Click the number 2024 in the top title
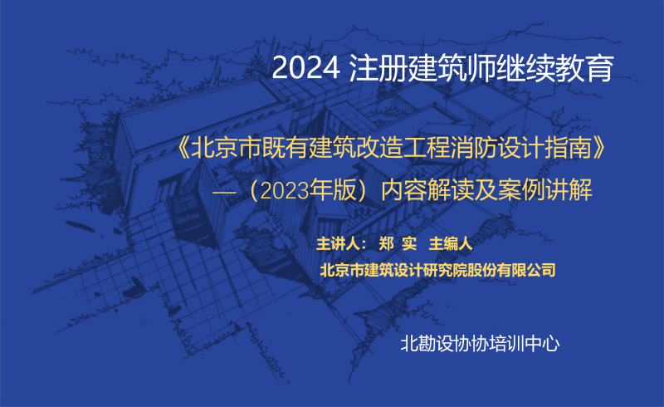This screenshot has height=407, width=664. (x=305, y=68)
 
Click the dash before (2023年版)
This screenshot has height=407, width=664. (x=224, y=192)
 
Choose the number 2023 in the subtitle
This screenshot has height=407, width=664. (x=284, y=191)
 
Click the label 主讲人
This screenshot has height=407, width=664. (x=337, y=243)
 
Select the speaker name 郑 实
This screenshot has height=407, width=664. (x=398, y=243)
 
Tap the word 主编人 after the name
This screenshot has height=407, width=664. (x=451, y=243)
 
